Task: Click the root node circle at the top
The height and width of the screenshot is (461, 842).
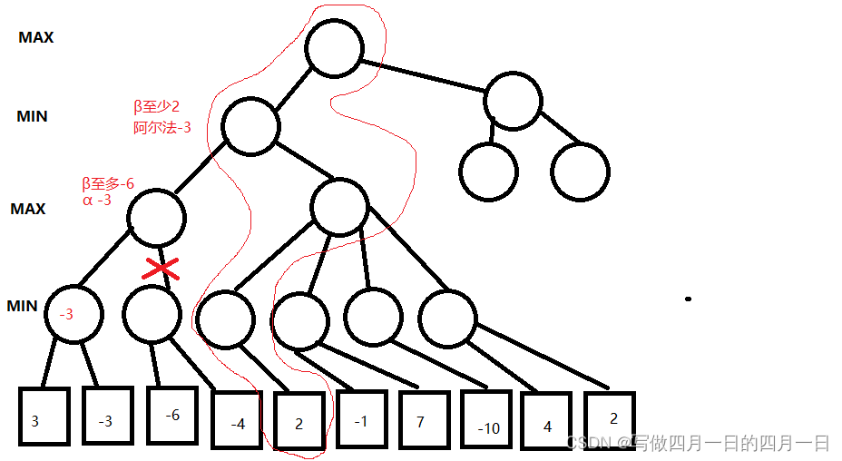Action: pyautogui.click(x=335, y=48)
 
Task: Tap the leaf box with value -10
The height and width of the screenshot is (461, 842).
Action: pyautogui.click(x=490, y=422)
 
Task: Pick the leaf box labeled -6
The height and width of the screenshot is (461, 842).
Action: pyautogui.click(x=172, y=415)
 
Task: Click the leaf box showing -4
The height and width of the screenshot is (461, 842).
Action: pyautogui.click(x=238, y=420)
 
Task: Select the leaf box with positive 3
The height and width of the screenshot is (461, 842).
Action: pyautogui.click(x=44, y=417)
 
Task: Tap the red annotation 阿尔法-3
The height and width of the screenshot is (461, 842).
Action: pyautogui.click(x=162, y=128)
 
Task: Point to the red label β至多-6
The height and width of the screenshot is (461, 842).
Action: pyautogui.click(x=108, y=184)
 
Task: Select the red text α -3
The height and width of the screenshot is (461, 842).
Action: pyautogui.click(x=97, y=201)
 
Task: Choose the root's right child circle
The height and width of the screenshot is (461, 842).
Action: pyautogui.click(x=514, y=100)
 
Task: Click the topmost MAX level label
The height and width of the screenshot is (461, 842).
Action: pyautogui.click(x=36, y=38)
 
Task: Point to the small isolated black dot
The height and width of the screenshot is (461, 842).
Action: pyautogui.click(x=689, y=299)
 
